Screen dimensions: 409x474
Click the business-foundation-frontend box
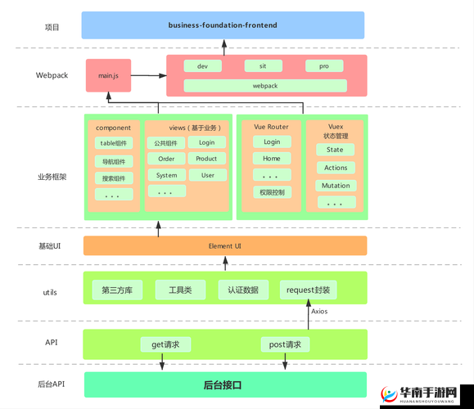223,25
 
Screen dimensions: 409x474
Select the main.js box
108,75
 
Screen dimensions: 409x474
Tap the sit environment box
264,65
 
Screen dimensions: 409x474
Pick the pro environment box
324,65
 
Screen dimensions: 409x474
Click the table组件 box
113,143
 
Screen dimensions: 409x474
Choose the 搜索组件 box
113,178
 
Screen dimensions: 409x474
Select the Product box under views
206,159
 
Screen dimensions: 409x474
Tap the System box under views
166,175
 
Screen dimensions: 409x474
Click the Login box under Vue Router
271,142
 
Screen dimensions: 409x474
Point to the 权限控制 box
271,192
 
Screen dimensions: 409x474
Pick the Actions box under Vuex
335,168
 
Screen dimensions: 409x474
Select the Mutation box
335,186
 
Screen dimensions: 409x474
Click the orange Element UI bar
224,245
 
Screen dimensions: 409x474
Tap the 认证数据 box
243,290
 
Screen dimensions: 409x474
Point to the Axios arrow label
320,312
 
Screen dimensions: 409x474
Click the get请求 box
165,344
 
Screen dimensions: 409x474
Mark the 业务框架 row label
52,177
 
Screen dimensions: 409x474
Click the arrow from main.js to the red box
148,75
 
